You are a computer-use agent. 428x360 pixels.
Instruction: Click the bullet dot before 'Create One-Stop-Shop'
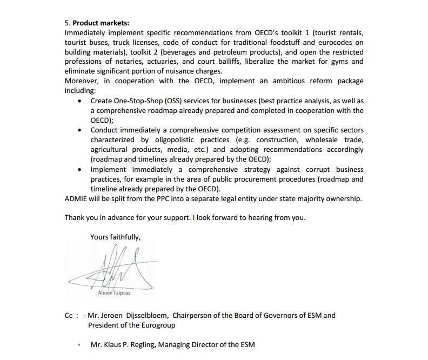tap(80, 101)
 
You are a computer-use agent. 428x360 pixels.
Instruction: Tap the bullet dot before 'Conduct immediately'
tap(80, 130)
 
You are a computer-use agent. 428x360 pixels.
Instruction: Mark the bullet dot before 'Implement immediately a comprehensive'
tap(80, 170)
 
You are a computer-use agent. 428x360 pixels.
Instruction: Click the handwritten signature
tap(116, 268)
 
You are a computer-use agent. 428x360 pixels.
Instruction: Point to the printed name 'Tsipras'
tap(120, 293)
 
